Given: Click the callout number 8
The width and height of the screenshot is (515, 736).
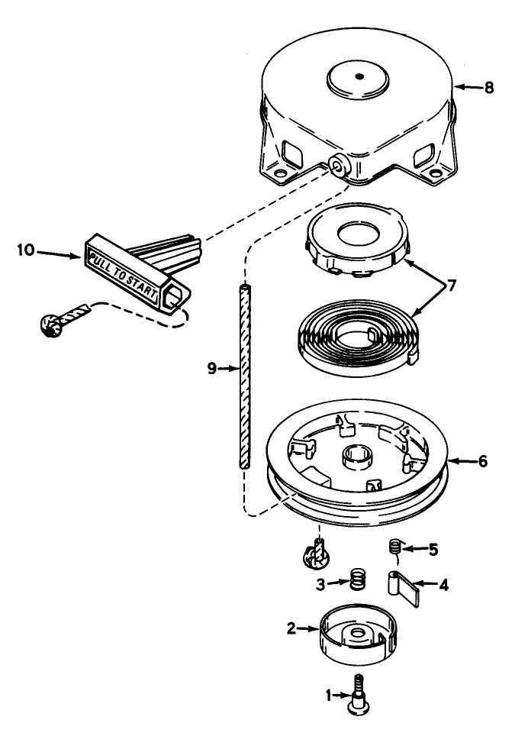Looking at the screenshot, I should pos(488,87).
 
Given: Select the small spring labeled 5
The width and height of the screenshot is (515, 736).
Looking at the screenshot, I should pos(395,547).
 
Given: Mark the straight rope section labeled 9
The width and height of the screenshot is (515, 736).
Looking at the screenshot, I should pos(242,374).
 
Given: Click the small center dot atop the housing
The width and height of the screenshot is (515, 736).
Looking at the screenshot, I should pos(356,77).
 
